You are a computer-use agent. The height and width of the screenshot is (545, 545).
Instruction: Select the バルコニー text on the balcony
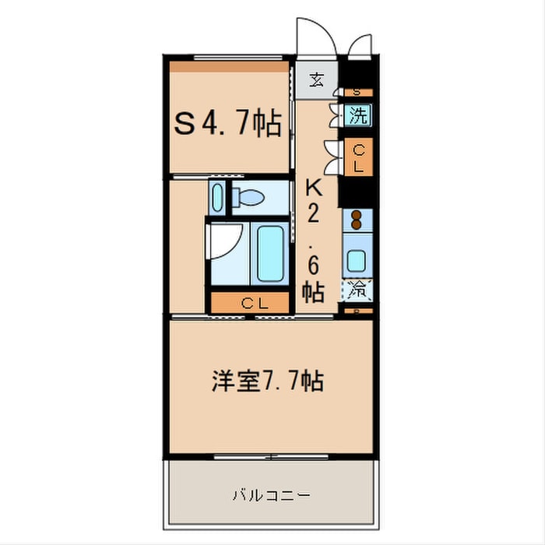[271, 494]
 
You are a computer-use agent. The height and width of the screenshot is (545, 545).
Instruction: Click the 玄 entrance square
[317, 78]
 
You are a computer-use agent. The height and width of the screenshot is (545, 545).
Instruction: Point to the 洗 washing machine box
[357, 117]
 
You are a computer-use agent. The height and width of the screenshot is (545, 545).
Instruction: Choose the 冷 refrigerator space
[358, 290]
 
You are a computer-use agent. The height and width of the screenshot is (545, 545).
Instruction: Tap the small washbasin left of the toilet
[218, 197]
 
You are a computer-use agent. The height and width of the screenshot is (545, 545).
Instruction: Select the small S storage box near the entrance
[357, 92]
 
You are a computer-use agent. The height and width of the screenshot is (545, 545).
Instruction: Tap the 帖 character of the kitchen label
[313, 291]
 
